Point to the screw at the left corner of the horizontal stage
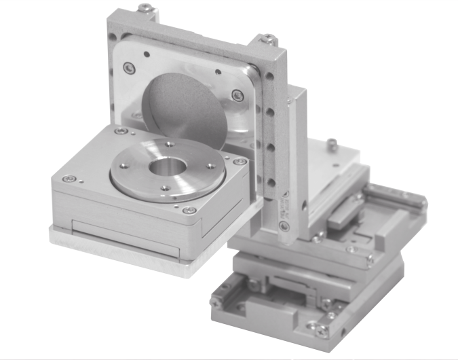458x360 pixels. (x=67, y=179)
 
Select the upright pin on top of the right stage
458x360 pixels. (x=330, y=143)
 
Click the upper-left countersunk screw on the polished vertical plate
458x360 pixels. (x=127, y=67)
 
